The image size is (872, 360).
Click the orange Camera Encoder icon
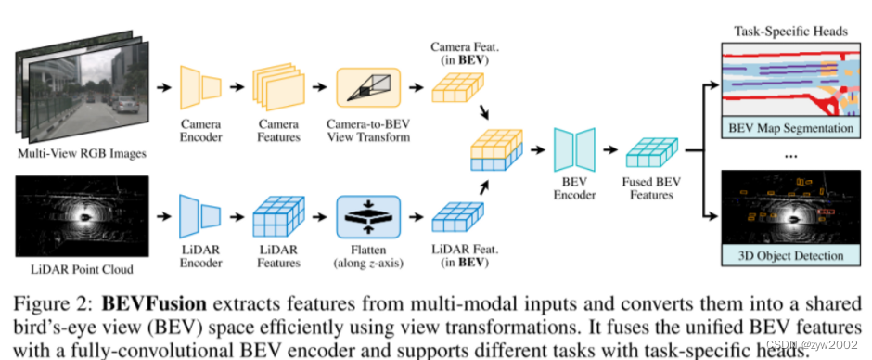tap(199, 87)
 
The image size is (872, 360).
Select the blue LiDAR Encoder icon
tap(199, 216)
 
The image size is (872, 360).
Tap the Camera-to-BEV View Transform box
tap(368, 87)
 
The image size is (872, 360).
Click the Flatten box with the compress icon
tap(368, 216)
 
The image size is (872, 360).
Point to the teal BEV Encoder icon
tap(574, 149)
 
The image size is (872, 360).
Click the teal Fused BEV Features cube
tap(652, 152)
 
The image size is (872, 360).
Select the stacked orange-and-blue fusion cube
tap(497, 149)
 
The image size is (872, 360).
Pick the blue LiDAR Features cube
tap(278, 216)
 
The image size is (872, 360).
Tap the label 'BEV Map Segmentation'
tap(790, 128)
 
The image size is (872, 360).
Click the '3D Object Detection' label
tap(790, 255)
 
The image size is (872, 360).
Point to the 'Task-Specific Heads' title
tap(790, 32)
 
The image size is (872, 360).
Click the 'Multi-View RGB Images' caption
tap(82, 153)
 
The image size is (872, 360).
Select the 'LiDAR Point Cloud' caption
tap(82, 269)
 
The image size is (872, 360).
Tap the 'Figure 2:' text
tap(55, 305)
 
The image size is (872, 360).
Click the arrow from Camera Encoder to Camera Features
tap(237, 87)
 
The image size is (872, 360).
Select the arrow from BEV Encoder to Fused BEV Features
tap(610, 149)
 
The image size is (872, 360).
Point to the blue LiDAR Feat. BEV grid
tap(458, 217)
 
